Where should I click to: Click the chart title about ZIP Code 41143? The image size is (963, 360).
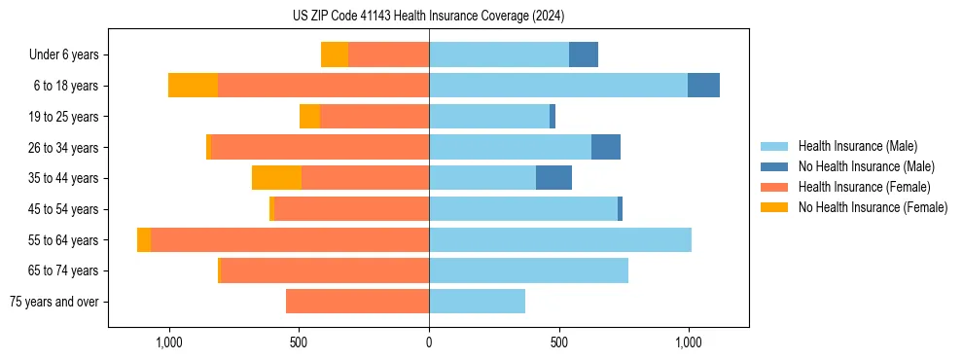428,16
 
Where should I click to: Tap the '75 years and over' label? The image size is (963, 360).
54,302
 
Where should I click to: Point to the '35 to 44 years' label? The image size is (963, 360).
63,178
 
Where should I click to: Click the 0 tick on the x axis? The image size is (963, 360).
429,342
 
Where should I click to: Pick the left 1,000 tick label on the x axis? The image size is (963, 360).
169,342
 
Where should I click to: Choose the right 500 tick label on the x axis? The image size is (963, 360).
558,342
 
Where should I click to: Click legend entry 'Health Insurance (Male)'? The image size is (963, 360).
857,146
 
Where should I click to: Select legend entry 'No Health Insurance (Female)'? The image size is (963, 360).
873,207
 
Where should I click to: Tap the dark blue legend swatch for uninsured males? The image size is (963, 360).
775,166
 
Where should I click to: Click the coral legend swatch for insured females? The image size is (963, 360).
775,187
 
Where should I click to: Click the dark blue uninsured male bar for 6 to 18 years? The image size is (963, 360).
703,86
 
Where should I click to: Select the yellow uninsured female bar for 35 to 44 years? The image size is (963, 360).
276,178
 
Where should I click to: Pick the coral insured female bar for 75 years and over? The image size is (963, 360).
357,302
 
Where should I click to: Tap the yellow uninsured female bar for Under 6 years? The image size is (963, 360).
335,55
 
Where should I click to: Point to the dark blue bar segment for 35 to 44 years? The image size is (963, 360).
553,178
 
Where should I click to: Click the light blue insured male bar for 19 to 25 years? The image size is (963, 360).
489,117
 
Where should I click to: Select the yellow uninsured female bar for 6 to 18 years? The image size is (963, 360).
193,86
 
